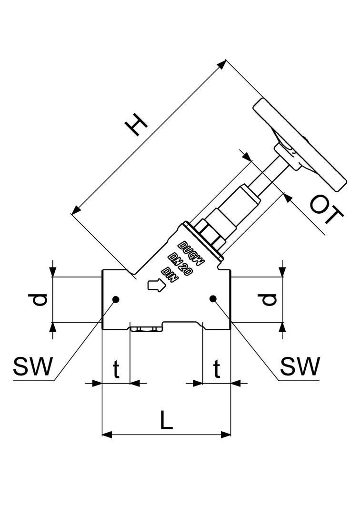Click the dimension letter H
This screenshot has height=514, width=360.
[136, 125]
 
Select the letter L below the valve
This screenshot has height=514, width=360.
[166, 421]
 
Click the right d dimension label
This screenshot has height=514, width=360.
[269, 299]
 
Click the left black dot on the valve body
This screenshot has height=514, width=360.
[115, 299]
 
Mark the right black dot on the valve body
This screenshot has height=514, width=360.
[213, 299]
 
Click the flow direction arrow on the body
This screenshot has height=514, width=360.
[156, 286]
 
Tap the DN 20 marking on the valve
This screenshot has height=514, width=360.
[180, 263]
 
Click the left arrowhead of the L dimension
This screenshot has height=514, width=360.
[108, 434]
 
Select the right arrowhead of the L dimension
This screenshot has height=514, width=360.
[226, 434]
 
